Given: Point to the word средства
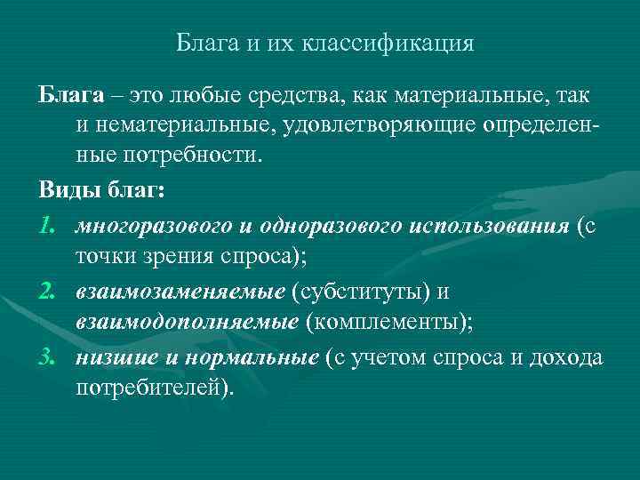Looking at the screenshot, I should pos(298,94).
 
